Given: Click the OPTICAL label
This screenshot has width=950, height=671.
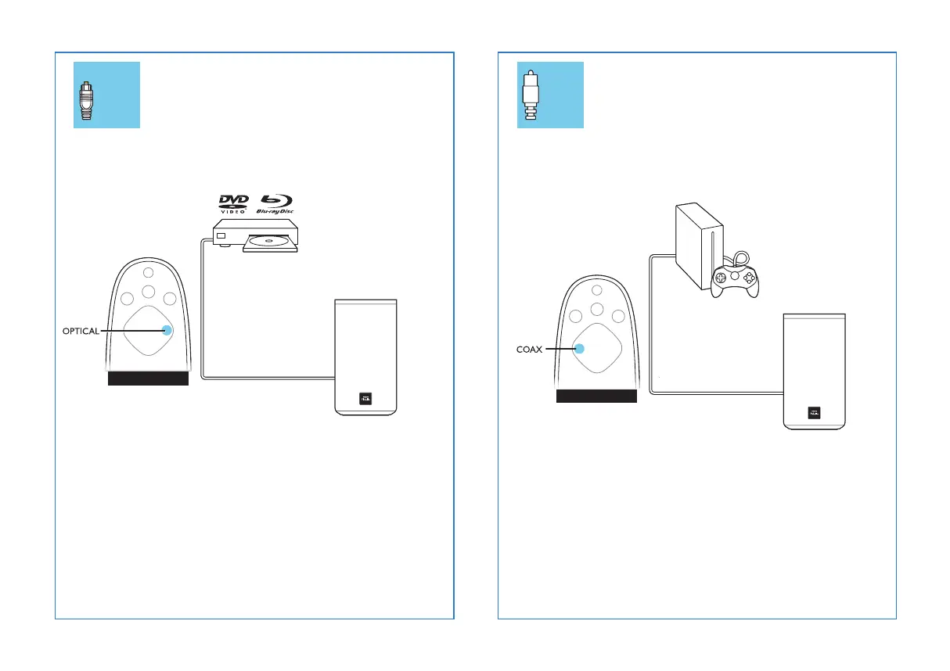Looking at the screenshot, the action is pyautogui.click(x=81, y=331).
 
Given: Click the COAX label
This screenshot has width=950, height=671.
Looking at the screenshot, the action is pyautogui.click(x=529, y=350).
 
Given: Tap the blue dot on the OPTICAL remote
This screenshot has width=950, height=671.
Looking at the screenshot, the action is pyautogui.click(x=167, y=330).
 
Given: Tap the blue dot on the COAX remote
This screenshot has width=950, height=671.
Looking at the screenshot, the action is pyautogui.click(x=580, y=349).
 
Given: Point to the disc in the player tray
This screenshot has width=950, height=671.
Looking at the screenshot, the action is pyautogui.click(x=269, y=242).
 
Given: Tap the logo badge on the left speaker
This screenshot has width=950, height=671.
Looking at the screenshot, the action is pyautogui.click(x=365, y=398).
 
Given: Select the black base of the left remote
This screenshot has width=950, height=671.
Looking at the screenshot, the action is pyautogui.click(x=148, y=379).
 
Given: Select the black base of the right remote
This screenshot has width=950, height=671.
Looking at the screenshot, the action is pyautogui.click(x=596, y=395).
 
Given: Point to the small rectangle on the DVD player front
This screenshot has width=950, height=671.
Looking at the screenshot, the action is pyautogui.click(x=221, y=235).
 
